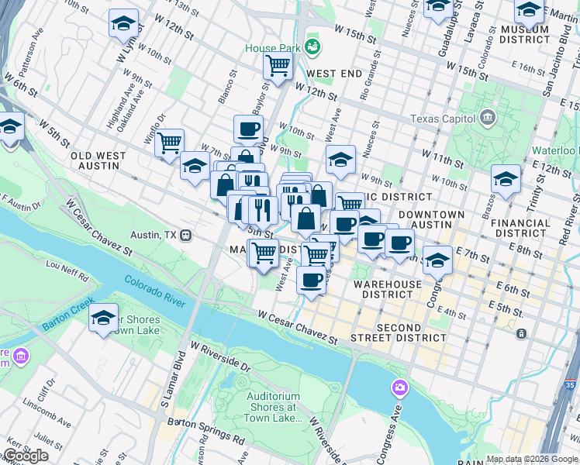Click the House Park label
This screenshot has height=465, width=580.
tap(271, 47)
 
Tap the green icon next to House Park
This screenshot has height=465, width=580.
tap(312, 47)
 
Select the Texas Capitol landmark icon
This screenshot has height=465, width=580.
tap(488, 119)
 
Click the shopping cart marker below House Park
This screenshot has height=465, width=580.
tap(277, 66)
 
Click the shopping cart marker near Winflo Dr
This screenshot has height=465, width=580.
tap(168, 143)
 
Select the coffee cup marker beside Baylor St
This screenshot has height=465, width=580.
tap(248, 129)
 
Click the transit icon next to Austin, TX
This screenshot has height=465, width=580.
tap(185, 235)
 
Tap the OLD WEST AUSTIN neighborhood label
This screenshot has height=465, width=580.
tap(98, 160)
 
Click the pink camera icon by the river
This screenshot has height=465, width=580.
tap(399, 387)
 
